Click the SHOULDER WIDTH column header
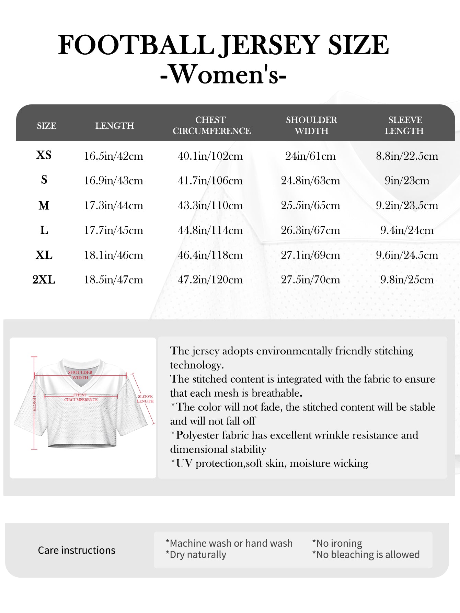[x=311, y=125]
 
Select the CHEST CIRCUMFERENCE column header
[x=211, y=125]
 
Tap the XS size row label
[x=44, y=155]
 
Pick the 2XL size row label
[x=44, y=280]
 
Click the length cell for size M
[x=114, y=206]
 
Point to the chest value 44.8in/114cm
[x=210, y=230]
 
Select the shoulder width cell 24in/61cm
[x=310, y=156]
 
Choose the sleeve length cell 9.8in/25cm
[x=407, y=280]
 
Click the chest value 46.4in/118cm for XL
[x=210, y=255]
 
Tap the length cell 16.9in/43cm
[x=114, y=181]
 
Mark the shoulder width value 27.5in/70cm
[x=310, y=280]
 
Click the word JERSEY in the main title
[x=270, y=45]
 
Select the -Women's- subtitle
[x=223, y=74]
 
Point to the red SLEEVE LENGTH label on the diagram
[x=146, y=399]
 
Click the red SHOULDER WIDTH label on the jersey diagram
[x=80, y=375]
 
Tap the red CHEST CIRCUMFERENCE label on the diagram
[x=81, y=397]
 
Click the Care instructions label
[x=77, y=550]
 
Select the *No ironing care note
[x=337, y=543]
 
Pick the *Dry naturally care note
[x=196, y=555]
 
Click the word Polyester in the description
[x=198, y=435]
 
